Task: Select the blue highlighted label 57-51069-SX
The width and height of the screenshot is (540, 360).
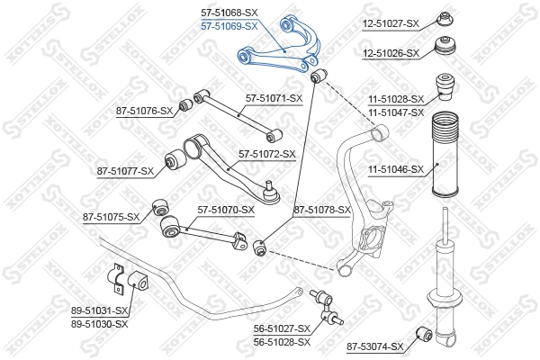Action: click(229, 26)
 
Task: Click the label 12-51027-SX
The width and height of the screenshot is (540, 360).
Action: click(390, 22)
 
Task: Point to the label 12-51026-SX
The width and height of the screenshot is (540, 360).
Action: click(390, 54)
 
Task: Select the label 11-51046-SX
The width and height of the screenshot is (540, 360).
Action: click(393, 168)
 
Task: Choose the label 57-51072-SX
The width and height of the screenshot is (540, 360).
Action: click(266, 154)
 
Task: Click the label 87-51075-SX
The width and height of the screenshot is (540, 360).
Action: click(111, 217)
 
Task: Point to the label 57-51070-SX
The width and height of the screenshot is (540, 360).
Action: click(226, 210)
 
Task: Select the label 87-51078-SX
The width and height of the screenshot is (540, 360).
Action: click(321, 210)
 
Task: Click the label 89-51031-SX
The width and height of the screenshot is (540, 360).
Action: click(100, 310)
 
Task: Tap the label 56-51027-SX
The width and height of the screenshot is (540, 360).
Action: click(280, 329)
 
